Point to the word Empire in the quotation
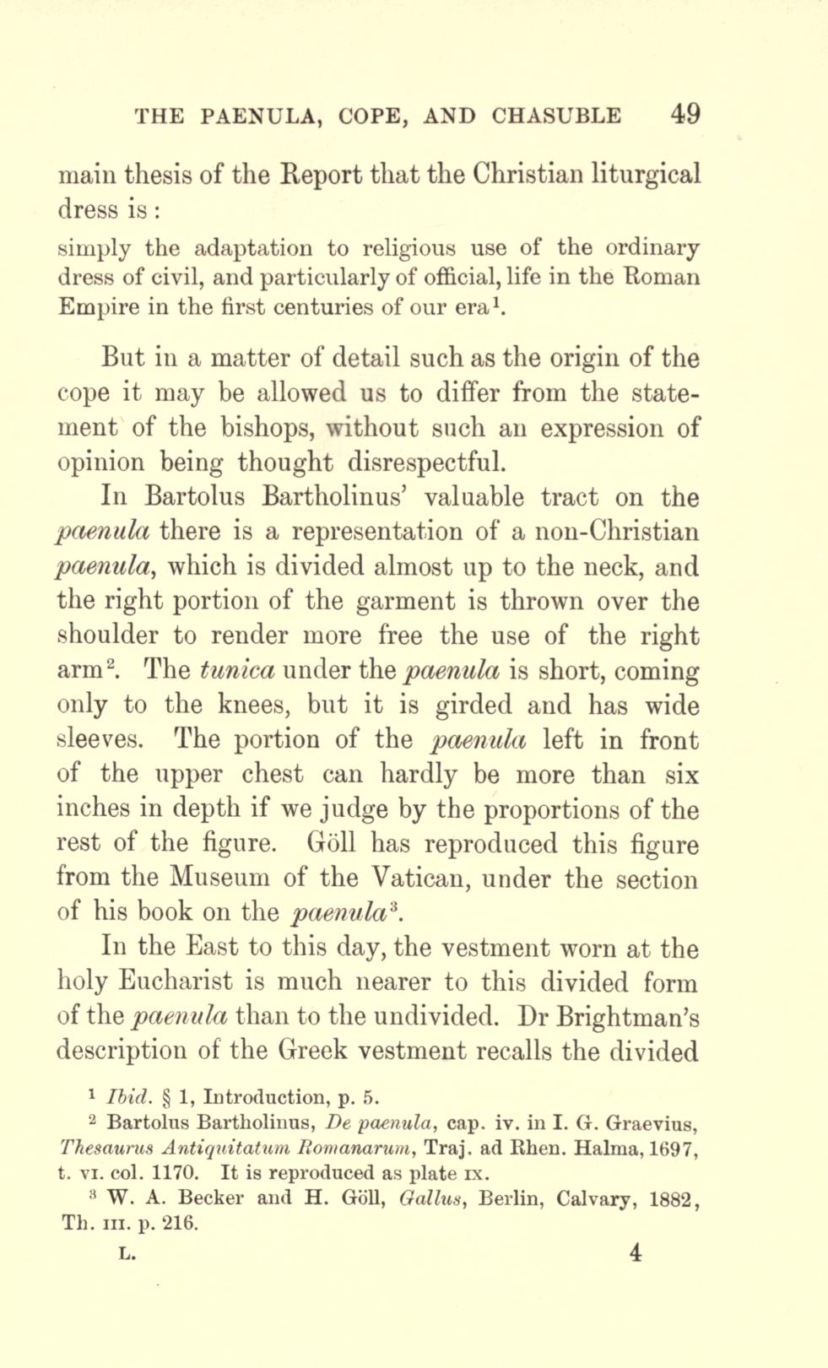pos(91,307)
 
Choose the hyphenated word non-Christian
pos(605,532)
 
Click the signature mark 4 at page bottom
pos(635,1252)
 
